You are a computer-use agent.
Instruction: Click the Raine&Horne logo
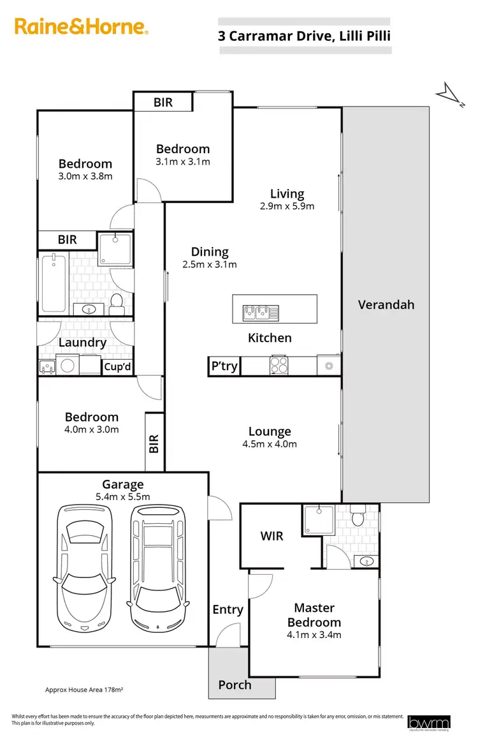coord(82,27)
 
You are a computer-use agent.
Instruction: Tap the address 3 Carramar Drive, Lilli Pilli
coord(304,36)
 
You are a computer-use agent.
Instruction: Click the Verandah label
coord(386,304)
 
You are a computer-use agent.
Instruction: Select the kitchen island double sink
coord(260,311)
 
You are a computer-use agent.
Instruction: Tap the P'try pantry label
coord(224,366)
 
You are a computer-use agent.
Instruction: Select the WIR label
coord(272,536)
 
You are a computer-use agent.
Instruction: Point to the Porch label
coord(235,685)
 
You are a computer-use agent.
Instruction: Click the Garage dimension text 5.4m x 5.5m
coord(122,496)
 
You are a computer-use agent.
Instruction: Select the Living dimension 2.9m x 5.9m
coord(287,206)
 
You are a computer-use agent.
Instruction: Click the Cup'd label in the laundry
coord(117,367)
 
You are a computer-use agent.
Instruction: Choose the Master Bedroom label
coord(314,615)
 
